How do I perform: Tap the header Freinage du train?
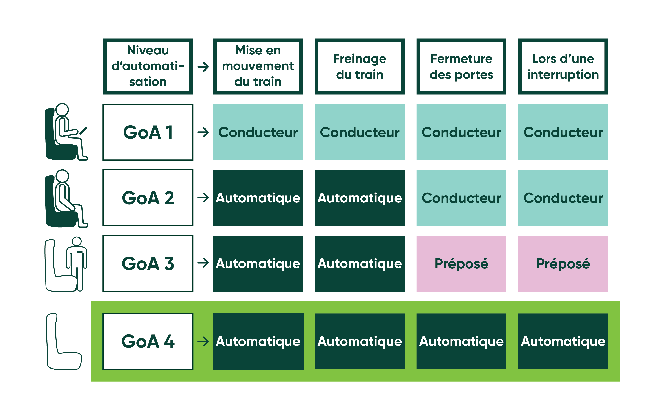[x=360, y=66]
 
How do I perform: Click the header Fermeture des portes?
[x=461, y=66]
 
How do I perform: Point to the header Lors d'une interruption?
[x=563, y=66]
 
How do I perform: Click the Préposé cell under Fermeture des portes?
[x=461, y=263]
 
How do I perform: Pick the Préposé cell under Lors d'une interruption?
[x=563, y=263]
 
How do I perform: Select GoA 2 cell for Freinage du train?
[x=360, y=198]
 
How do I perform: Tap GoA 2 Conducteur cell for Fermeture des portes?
[x=461, y=198]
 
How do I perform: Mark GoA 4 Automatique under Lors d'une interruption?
[x=563, y=341]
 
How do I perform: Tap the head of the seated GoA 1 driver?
[x=62, y=110]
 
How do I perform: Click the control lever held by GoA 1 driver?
[x=83, y=131]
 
